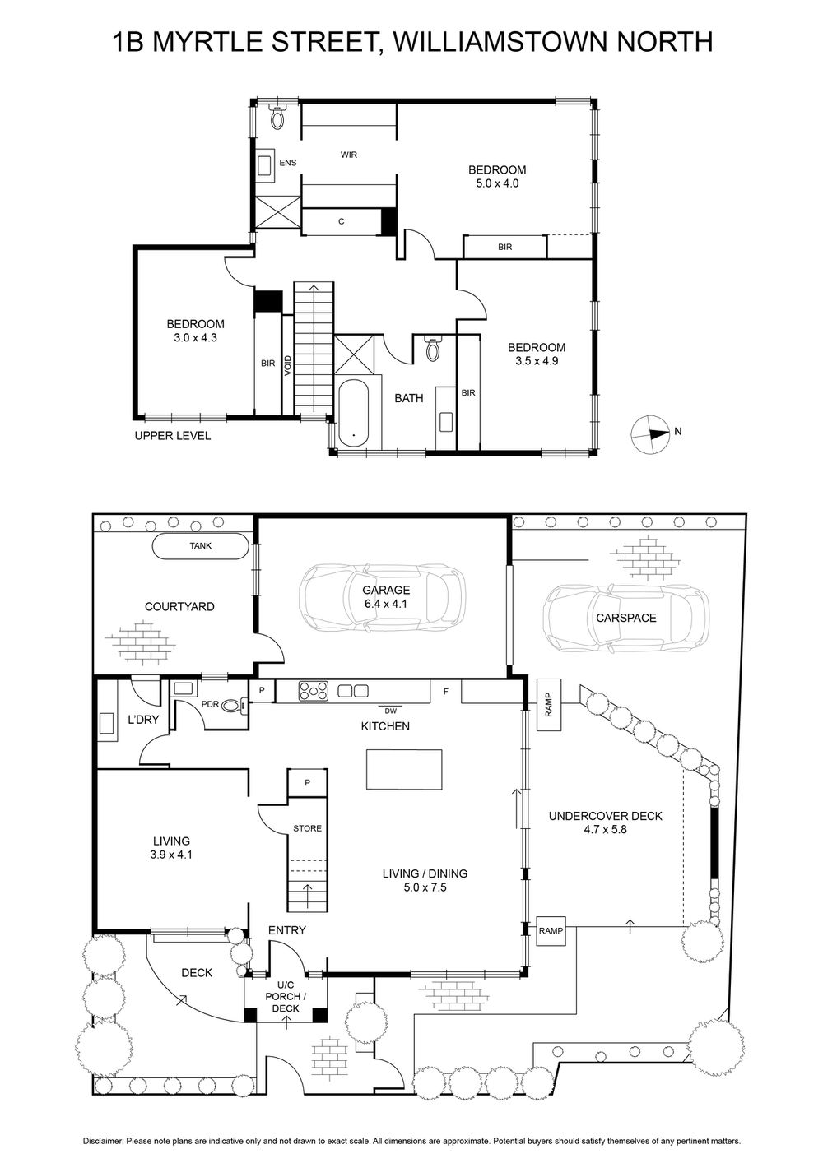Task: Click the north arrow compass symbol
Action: (x=649, y=434)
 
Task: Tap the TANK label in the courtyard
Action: (x=201, y=545)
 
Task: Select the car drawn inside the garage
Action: (x=382, y=596)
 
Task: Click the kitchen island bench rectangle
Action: (x=404, y=770)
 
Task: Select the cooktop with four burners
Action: (x=314, y=691)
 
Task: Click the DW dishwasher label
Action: (x=390, y=711)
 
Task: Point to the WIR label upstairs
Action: (x=349, y=155)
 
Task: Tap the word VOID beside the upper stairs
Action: (x=288, y=366)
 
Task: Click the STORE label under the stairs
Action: (x=307, y=828)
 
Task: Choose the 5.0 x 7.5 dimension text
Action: (x=425, y=887)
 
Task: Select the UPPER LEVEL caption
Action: (x=173, y=436)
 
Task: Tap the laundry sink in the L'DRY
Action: (x=107, y=723)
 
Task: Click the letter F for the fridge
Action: (x=445, y=692)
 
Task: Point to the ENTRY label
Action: (x=286, y=930)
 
